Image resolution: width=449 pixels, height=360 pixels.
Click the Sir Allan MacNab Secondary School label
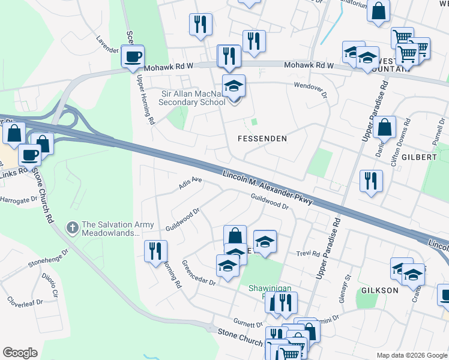(x=191, y=98)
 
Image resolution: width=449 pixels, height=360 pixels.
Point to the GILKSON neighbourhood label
(x=380, y=290)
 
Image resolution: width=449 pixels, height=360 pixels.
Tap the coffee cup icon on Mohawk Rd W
(x=132, y=58)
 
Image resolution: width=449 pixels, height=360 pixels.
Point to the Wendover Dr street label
(x=310, y=90)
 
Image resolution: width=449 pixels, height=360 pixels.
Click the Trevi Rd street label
(x=307, y=254)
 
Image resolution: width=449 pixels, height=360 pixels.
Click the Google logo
(x=20, y=353)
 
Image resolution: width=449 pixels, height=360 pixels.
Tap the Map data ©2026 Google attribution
(x=411, y=355)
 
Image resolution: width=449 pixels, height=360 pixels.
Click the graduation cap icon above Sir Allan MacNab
(x=234, y=86)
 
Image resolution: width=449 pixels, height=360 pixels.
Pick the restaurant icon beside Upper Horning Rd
(x=156, y=251)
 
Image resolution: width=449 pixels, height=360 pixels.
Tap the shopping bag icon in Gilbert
(x=384, y=127)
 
